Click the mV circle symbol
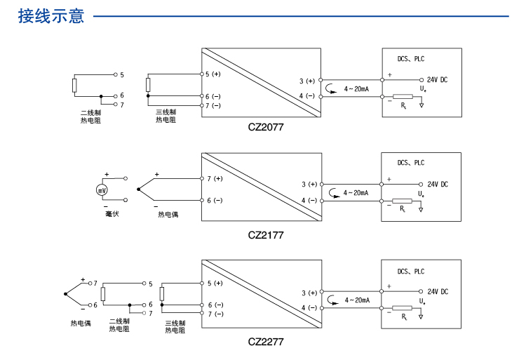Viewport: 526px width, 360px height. point(102,190)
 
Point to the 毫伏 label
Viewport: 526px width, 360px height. point(102,213)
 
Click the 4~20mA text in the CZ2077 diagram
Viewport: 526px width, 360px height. point(357,89)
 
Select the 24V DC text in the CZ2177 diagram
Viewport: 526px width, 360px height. point(438,185)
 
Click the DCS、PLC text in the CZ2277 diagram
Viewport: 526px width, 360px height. point(411,271)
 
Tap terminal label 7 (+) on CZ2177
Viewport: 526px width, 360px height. point(215,178)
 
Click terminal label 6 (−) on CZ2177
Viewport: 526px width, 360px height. point(215,201)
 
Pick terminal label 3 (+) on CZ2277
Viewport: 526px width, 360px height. point(309,293)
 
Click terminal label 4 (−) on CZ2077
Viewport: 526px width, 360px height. point(309,95)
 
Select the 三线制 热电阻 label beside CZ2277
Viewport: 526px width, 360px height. point(175,326)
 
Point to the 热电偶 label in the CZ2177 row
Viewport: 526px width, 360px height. point(168,214)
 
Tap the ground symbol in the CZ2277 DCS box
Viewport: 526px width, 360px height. point(421,316)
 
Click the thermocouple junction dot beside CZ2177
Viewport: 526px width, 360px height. point(139,189)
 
